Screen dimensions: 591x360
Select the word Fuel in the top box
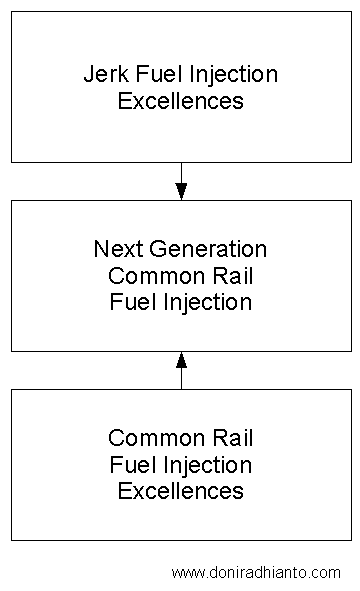(151, 75)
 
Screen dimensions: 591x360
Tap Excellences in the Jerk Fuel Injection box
(181, 101)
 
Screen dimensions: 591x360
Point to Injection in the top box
(227, 75)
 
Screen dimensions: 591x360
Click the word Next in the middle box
(115, 249)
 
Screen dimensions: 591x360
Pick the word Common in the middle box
(144, 275)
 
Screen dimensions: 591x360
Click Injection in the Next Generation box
(205, 301)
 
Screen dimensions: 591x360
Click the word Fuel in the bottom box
(130, 465)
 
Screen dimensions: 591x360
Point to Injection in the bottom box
(205, 465)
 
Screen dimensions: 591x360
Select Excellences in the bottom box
(181, 491)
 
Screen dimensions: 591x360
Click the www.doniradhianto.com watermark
(256, 573)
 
